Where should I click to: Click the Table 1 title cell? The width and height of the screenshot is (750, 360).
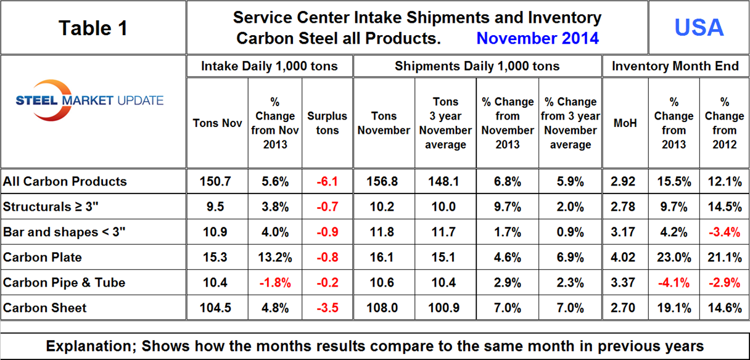click(93, 28)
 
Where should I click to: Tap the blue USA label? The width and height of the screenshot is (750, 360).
click(698, 28)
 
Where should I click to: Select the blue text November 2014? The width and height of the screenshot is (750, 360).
click(537, 38)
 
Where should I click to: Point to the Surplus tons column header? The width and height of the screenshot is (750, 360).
click(327, 123)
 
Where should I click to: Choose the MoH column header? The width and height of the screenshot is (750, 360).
click(625, 123)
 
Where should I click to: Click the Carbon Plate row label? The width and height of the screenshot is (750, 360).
click(43, 257)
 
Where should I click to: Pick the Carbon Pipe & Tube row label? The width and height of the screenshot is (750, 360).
click(64, 282)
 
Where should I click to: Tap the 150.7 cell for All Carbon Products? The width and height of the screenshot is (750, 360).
click(217, 182)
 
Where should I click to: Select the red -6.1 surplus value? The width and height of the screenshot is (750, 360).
click(327, 182)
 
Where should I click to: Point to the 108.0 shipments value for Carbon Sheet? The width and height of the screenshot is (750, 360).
click(383, 308)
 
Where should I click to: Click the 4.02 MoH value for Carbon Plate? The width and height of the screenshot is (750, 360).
click(625, 257)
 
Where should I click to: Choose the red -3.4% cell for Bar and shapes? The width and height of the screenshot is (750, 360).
click(724, 232)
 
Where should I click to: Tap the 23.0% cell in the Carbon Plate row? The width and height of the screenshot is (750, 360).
click(674, 257)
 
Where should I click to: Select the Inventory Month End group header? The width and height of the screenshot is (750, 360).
click(675, 66)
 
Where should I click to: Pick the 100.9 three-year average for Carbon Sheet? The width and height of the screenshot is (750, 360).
click(445, 308)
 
